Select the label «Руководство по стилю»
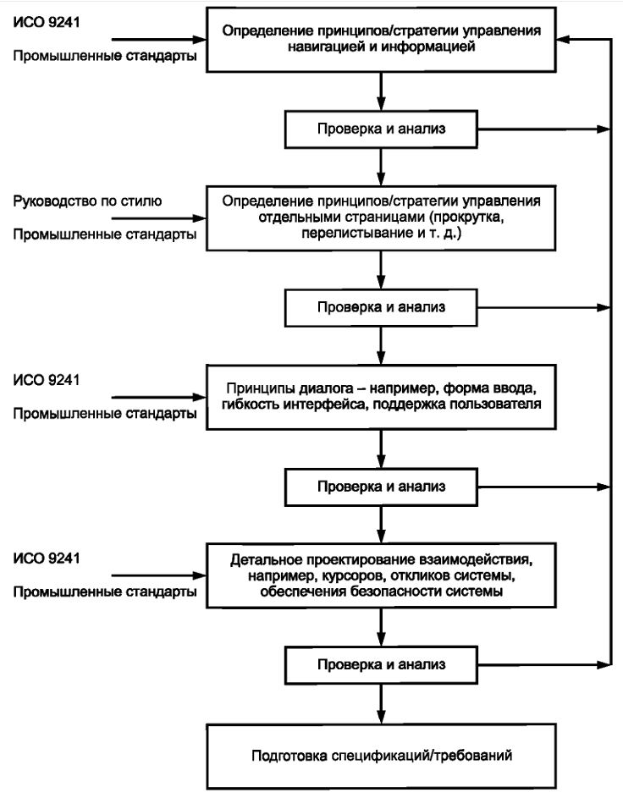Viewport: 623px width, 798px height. pyautogui.click(x=87, y=201)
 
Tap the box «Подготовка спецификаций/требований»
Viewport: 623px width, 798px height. pyautogui.click(x=381, y=757)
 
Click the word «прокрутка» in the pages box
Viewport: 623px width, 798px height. pyautogui.click(x=467, y=217)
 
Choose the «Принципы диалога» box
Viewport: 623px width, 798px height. pyautogui.click(x=381, y=397)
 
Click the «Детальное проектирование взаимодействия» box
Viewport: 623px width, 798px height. pyautogui.click(x=381, y=575)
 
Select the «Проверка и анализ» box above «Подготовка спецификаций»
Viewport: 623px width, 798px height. pyautogui.click(x=381, y=665)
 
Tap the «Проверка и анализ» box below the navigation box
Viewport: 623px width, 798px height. pyautogui.click(x=381, y=129)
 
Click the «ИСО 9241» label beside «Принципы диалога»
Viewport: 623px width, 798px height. pyautogui.click(x=47, y=380)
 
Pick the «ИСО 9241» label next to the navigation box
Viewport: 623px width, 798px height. pyautogui.click(x=47, y=22)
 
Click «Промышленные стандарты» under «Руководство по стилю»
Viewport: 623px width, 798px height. pyautogui.click(x=105, y=234)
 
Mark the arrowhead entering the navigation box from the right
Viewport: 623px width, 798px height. pyautogui.click(x=563, y=39)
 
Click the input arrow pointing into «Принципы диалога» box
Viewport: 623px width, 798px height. pyautogui.click(x=159, y=397)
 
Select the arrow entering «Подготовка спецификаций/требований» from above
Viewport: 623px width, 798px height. pyautogui.click(x=381, y=704)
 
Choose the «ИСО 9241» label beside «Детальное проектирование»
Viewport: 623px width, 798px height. pyautogui.click(x=47, y=559)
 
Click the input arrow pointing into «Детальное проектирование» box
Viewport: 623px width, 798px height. pyautogui.click(x=159, y=575)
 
